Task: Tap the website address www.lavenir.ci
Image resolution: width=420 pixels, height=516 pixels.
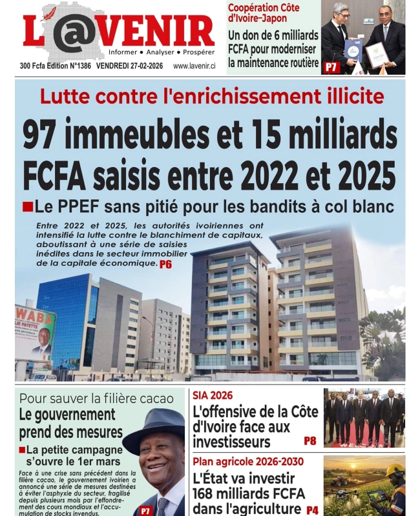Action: pos(194,66)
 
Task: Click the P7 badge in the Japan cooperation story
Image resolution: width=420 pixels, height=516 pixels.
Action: pos(331,66)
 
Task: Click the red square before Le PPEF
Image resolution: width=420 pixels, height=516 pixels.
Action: pos(27,206)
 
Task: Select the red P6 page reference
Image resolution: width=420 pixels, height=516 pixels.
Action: pos(166,264)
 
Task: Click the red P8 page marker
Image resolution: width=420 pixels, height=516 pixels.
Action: pos(310,441)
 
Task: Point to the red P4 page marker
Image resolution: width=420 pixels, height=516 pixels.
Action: pos(312,510)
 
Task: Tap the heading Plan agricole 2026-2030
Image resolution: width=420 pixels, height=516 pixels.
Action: pos(240,462)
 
